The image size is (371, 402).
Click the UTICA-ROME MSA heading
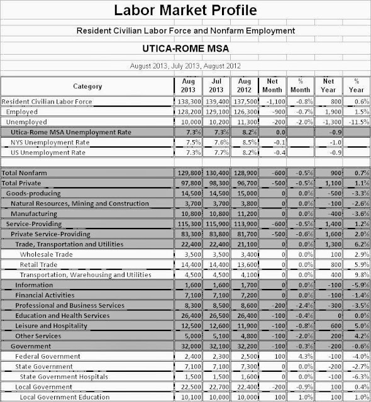click(185, 48)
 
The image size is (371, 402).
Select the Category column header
click(87, 86)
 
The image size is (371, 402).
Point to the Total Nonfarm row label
click(25, 172)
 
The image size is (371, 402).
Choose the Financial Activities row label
click(46, 295)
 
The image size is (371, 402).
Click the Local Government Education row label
click(61, 397)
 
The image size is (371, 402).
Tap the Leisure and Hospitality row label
click(53, 325)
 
